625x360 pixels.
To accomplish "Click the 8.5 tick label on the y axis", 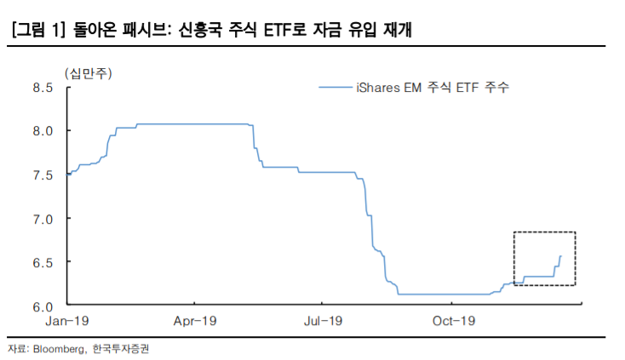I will pos(42,88).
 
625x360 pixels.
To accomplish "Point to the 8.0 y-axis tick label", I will pos(42,131).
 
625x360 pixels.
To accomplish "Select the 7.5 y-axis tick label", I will pos(42,174).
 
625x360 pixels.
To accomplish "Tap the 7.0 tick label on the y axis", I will pos(42,219).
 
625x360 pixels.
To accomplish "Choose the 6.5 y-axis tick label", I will pos(42,262).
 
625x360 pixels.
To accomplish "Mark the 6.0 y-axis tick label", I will pos(42,306).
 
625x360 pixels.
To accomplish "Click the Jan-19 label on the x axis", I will pos(67,321).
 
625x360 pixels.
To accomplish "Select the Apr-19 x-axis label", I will pos(193,321).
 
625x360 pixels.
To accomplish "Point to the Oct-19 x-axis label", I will pos(453,321).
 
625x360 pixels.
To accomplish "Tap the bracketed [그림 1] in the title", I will pos(37,31).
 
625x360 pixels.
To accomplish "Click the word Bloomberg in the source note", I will pos(59,349).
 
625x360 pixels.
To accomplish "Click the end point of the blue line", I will pos(560,256).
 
